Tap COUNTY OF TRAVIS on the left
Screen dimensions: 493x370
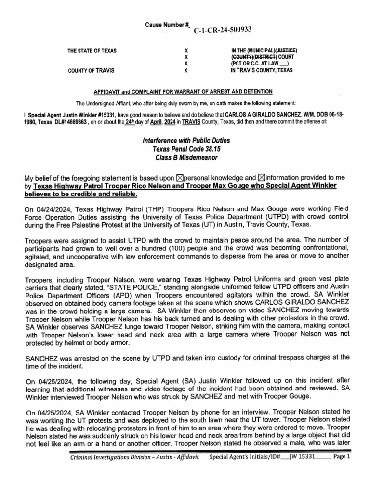click(91, 70)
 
